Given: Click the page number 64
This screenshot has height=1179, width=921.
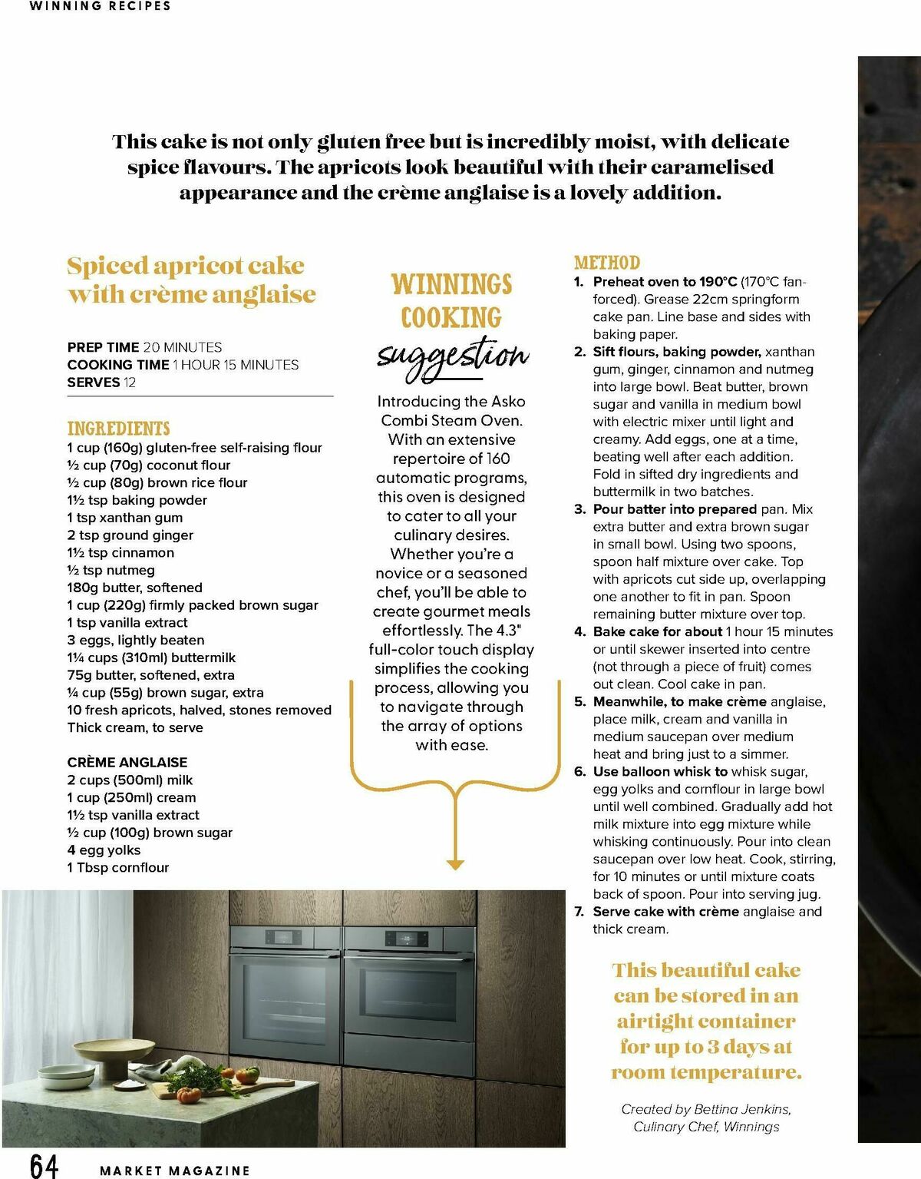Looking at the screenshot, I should pos(44,1164).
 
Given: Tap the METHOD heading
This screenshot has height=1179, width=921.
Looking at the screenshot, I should pos(606,263).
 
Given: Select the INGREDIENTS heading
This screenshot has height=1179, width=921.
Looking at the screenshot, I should pos(118,429).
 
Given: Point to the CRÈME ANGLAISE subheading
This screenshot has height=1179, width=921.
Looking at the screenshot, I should pos(127,762).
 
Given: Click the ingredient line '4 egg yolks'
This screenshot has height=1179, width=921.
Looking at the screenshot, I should pos(104,849).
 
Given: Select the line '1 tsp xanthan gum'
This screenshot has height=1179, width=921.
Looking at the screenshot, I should pos(124,518).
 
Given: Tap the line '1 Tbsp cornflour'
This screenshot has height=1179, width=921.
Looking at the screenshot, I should pos(118,867).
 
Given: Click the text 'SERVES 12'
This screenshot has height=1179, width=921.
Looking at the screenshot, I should pos(101,383).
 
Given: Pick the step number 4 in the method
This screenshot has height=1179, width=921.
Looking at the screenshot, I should pos(579,632).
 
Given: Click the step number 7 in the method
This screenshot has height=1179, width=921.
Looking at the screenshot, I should pos(579,912).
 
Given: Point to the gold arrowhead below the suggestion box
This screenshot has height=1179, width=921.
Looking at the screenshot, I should pos(455,865).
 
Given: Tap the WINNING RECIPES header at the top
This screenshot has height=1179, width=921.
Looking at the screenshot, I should pos(100,6).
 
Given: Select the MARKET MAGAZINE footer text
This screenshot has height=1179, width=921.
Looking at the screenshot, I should pos(175,1171).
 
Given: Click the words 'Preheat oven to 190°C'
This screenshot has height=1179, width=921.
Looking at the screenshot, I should pos(665,282).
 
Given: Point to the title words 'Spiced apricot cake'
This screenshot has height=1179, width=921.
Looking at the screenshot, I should pos(186,266).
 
